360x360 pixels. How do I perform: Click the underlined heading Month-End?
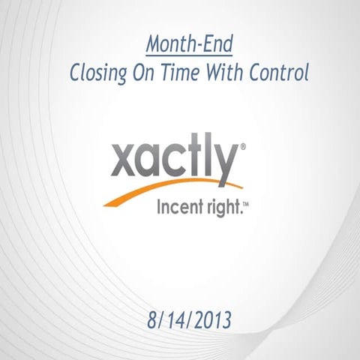pos(189,46)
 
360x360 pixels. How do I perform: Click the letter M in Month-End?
pos(154,46)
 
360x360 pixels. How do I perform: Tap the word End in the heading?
pos(217,46)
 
